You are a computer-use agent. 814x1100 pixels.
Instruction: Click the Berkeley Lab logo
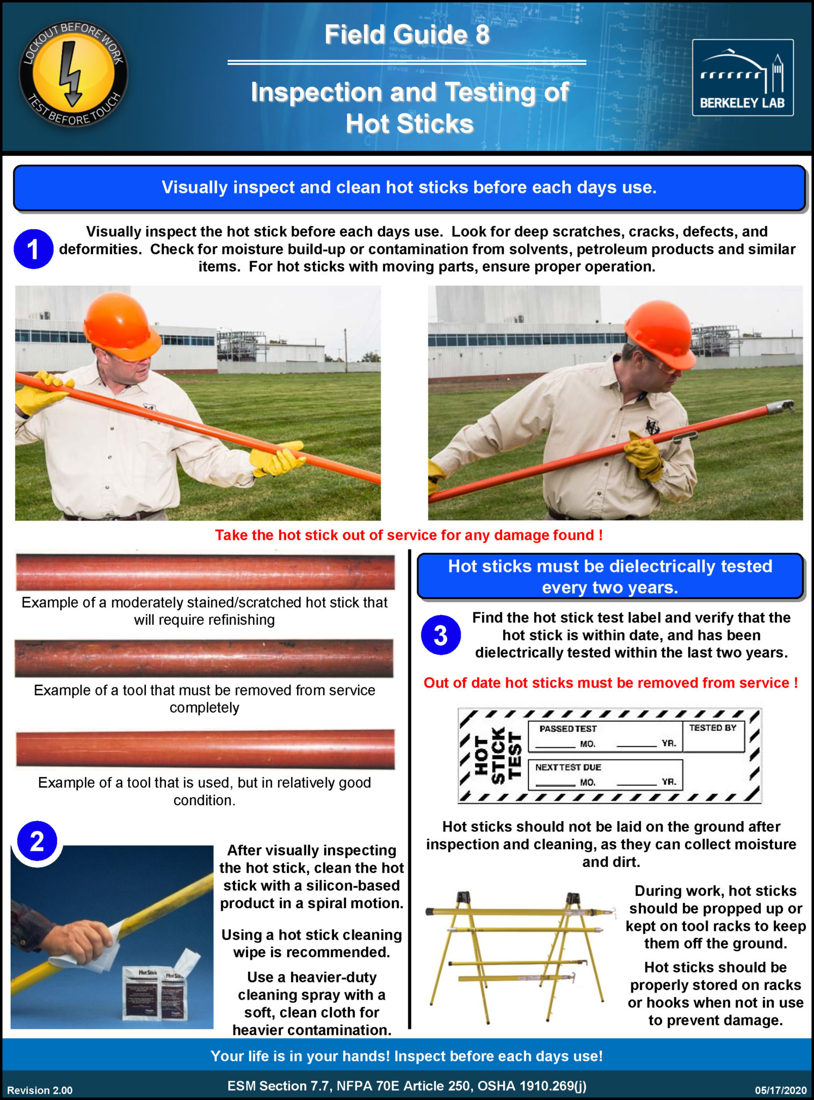point(743,77)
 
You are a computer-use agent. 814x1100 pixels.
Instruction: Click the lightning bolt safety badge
point(74,75)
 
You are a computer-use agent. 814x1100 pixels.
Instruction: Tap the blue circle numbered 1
point(33,249)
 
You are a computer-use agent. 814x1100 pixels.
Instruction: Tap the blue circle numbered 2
point(37,841)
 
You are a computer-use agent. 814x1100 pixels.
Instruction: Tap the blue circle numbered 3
point(440,635)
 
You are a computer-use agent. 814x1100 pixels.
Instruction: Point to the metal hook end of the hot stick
point(781,407)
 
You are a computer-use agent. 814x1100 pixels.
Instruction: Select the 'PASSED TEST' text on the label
point(568,729)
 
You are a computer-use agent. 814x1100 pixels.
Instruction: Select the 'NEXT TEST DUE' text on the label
point(568,768)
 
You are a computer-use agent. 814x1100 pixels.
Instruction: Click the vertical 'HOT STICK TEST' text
point(498,755)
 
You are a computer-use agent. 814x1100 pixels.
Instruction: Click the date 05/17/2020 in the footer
point(780,1090)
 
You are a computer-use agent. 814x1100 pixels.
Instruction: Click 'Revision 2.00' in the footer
point(40,1090)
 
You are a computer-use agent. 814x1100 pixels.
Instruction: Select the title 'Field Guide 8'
point(406,35)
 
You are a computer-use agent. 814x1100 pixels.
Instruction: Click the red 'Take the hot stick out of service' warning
point(409,535)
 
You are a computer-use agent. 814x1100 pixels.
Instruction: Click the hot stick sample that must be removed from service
point(204,658)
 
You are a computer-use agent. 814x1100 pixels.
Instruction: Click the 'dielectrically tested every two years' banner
point(610,576)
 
